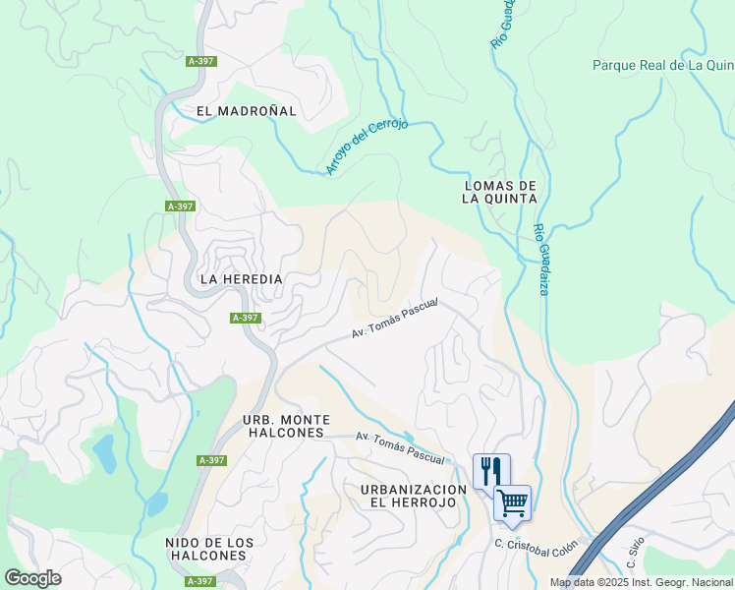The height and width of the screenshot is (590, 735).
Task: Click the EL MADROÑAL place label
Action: [246, 111]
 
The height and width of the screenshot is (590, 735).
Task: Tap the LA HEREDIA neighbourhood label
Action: [241, 279]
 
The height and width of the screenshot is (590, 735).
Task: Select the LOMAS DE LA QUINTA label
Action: [500, 192]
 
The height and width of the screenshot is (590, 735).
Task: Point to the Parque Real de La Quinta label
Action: [663, 66]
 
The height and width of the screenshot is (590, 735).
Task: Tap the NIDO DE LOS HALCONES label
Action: [209, 549]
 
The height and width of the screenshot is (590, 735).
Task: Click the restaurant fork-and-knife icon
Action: [491, 470]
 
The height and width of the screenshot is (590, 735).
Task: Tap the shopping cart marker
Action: [512, 503]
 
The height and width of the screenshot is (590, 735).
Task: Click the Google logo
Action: [32, 578]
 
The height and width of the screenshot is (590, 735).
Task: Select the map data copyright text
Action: [641, 582]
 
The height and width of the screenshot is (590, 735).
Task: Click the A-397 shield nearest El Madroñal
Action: [200, 61]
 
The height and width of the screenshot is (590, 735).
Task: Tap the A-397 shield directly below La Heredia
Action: [246, 318]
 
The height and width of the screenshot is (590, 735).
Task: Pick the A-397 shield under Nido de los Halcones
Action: [200, 581]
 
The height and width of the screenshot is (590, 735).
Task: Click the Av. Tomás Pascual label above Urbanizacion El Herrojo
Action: [400, 447]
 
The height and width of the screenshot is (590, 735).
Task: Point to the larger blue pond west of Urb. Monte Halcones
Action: [102, 452]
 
